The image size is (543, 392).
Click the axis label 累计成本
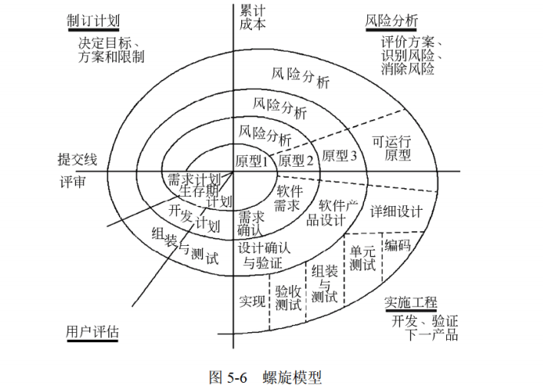(253, 17)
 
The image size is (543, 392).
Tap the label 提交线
(78, 159)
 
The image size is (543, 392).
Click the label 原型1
(251, 161)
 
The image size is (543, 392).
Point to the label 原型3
(339, 155)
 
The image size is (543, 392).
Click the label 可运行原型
(392, 148)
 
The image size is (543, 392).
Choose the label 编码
(397, 246)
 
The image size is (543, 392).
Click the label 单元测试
(363, 257)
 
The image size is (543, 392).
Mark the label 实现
(251, 298)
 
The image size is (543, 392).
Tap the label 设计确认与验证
(263, 255)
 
